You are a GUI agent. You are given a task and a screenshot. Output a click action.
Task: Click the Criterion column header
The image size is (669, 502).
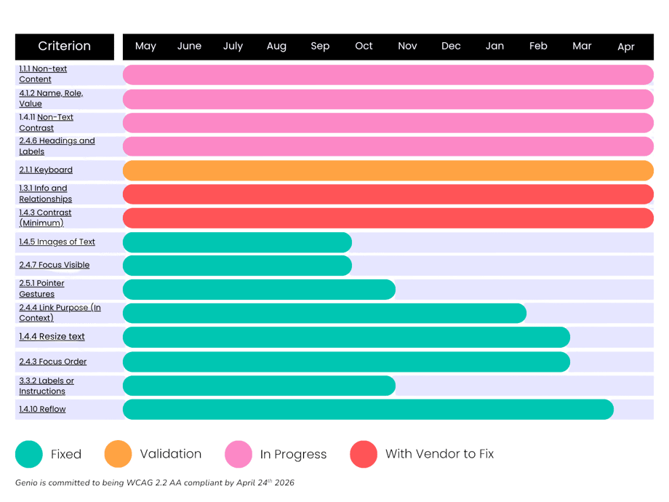(x=65, y=47)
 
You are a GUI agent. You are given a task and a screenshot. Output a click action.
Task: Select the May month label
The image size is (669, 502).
(x=145, y=47)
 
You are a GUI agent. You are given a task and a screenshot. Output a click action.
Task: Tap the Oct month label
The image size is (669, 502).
(x=364, y=47)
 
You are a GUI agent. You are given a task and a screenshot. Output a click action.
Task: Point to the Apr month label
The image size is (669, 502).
(x=625, y=47)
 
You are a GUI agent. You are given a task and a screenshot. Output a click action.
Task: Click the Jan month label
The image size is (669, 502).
(x=494, y=47)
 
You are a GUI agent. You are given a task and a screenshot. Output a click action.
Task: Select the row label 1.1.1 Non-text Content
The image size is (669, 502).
(x=43, y=74)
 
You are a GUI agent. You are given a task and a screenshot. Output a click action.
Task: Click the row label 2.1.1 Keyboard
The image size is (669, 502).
(x=46, y=170)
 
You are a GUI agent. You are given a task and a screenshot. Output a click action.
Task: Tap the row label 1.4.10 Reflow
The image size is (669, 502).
(x=42, y=410)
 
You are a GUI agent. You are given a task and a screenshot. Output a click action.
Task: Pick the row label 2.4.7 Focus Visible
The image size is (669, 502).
(x=55, y=266)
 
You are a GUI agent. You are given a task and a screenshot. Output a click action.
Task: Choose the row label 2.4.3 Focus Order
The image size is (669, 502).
(x=53, y=362)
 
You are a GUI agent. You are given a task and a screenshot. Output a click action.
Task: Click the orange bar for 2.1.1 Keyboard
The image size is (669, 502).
(x=388, y=170)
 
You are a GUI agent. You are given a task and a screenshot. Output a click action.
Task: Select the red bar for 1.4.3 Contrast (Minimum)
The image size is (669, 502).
(x=388, y=218)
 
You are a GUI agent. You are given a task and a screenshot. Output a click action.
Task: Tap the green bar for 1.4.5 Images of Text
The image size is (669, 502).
(x=237, y=242)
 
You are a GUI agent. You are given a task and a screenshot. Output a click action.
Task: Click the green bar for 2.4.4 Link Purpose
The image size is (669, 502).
(x=324, y=314)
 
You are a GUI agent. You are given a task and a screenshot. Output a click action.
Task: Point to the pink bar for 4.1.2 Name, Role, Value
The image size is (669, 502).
(x=388, y=99)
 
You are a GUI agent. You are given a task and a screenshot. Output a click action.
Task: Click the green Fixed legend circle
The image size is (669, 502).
(x=29, y=454)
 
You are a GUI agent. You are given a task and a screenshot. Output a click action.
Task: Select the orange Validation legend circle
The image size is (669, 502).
(x=118, y=454)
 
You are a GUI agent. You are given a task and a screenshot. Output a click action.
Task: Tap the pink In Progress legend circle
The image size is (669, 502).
(x=238, y=454)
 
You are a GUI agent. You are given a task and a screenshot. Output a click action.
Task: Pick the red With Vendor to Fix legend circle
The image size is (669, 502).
(x=364, y=454)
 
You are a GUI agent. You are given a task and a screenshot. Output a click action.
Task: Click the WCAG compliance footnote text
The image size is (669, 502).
(x=155, y=482)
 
